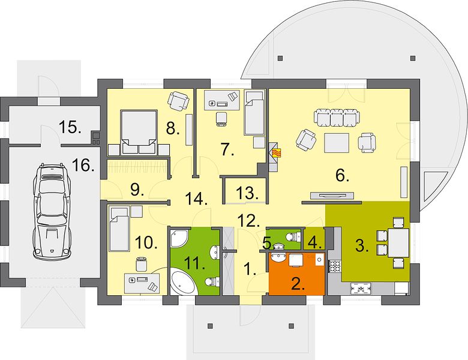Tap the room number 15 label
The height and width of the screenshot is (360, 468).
[x=70, y=127]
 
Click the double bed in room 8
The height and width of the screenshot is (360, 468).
[x=139, y=132]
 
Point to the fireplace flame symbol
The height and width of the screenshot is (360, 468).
[x=277, y=153]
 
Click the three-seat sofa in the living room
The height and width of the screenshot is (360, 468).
[x=337, y=118]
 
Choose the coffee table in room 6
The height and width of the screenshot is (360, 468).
[x=337, y=143]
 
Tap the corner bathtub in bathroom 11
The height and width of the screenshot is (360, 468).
[x=183, y=281]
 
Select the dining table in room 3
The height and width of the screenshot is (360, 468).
[x=398, y=243]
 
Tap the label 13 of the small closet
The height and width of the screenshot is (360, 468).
[x=247, y=193]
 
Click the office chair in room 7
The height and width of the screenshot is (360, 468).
[x=221, y=119]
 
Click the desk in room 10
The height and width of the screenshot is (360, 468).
[x=142, y=283]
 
